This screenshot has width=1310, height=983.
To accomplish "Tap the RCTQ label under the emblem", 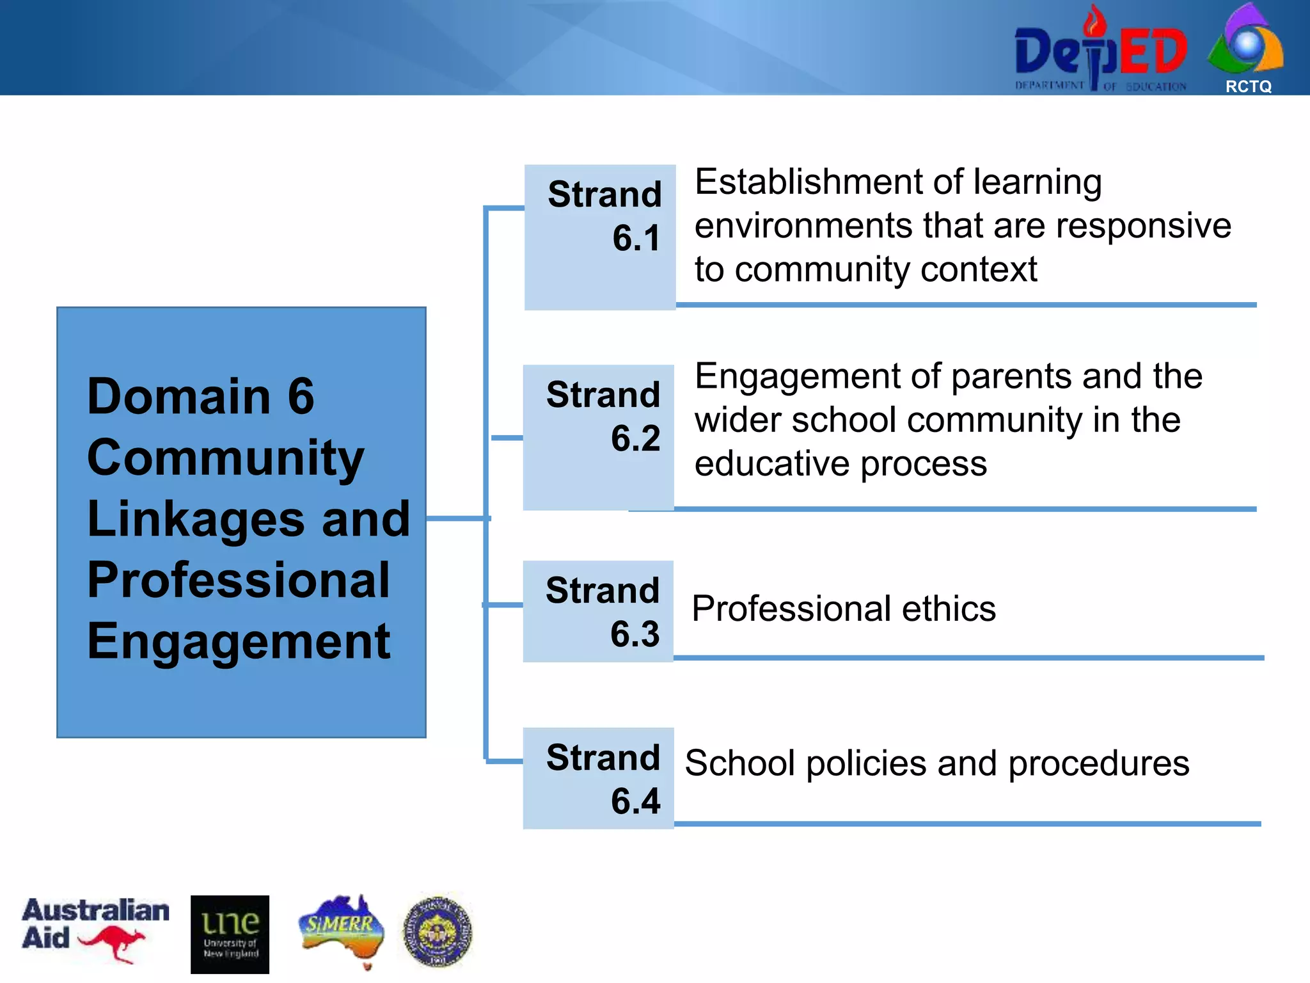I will pos(1248,86).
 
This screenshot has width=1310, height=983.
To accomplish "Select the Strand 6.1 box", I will pos(600,237).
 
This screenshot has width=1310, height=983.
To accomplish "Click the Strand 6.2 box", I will pos(599,437).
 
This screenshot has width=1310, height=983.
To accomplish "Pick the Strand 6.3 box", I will pos(599,611).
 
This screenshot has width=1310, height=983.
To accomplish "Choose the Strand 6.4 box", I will pos(599,778).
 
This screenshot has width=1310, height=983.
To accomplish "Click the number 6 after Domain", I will pos(301,396).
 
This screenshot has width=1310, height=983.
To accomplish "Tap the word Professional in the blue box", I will pos(238,580).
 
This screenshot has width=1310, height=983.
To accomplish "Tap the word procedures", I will pos(1098,763).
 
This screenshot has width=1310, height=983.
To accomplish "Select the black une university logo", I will pos(230,934).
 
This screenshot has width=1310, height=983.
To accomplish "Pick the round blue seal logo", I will pos(438,931).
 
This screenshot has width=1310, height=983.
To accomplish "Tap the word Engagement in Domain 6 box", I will pos(238,641).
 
